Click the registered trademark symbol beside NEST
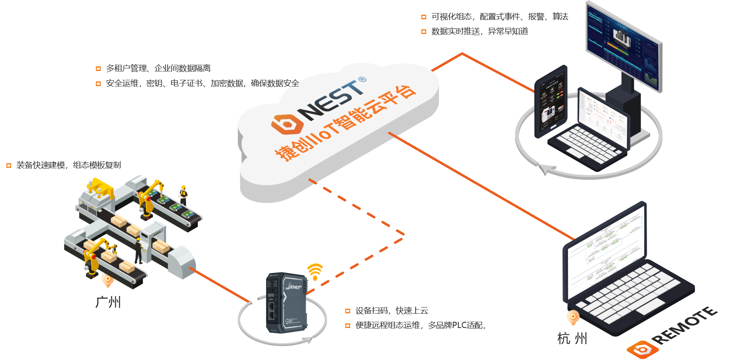click(x=362, y=79)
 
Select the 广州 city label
click(x=108, y=302)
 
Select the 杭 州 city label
click(x=572, y=338)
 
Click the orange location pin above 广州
click(x=108, y=280)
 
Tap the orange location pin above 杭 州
click(x=573, y=317)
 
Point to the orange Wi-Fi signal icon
click(x=315, y=271)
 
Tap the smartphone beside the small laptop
click(x=551, y=102)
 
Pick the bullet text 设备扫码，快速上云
click(x=391, y=311)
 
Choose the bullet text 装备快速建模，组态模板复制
click(x=69, y=165)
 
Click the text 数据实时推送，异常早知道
click(x=479, y=31)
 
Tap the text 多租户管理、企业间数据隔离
click(x=158, y=68)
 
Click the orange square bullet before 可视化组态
click(x=424, y=17)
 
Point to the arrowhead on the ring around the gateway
click(x=309, y=340)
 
